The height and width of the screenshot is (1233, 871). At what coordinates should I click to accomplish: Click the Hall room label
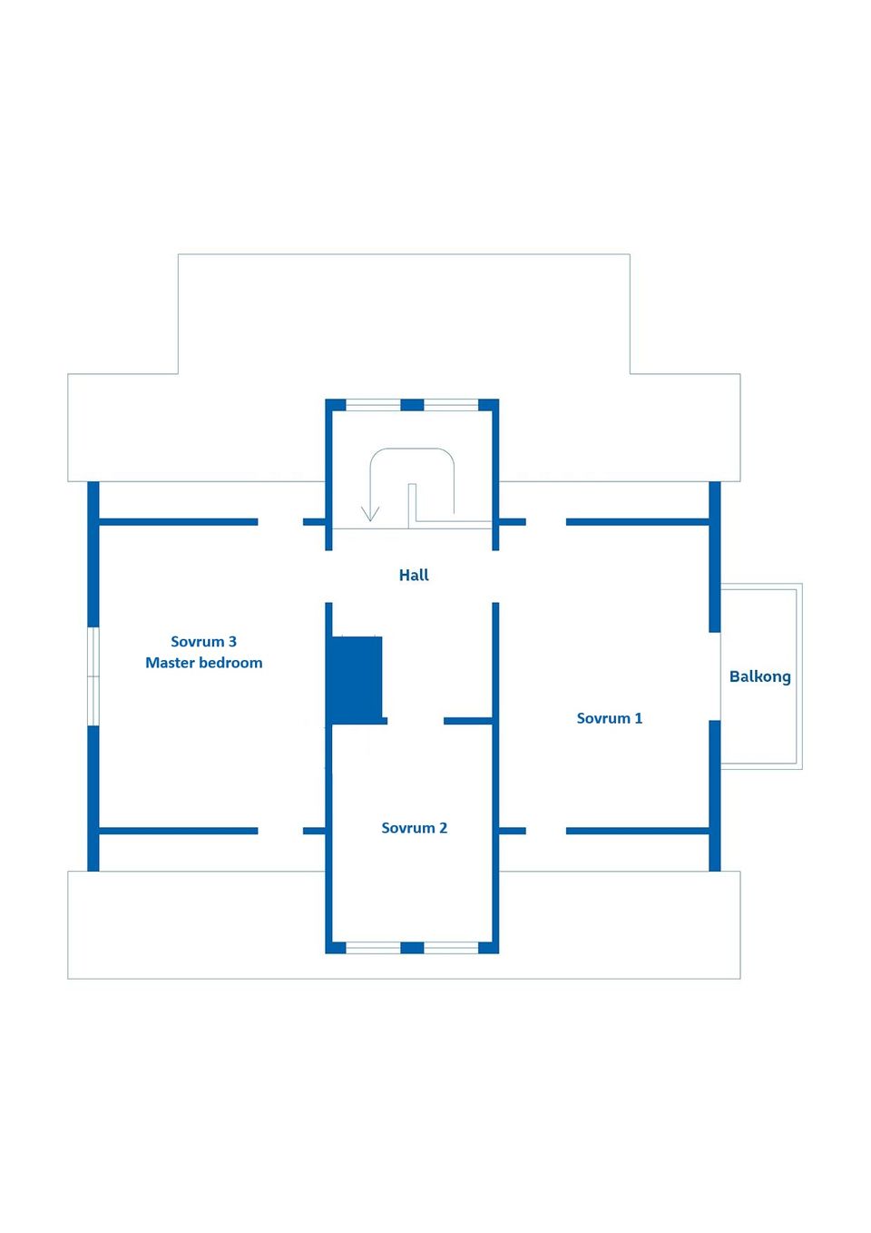click(414, 576)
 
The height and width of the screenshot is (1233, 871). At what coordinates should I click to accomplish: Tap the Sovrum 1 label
click(610, 718)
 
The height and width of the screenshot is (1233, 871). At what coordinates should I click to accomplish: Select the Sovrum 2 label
click(414, 828)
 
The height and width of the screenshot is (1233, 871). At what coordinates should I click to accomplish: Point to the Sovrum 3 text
click(203, 641)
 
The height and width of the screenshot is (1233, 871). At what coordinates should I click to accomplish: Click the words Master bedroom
click(203, 662)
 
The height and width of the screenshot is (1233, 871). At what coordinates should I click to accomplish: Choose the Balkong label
click(760, 676)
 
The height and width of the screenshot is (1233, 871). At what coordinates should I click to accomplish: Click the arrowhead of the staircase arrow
click(370, 514)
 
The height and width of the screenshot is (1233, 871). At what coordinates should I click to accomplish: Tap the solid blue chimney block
click(357, 680)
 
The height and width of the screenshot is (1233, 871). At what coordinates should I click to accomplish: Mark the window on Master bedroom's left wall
click(93, 676)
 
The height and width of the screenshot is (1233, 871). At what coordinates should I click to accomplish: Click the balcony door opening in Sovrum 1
click(715, 676)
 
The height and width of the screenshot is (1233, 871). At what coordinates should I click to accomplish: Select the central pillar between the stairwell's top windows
click(412, 405)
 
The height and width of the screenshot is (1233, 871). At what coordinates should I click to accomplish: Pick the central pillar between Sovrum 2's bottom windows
click(412, 947)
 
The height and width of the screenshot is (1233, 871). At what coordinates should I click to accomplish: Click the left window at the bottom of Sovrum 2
click(373, 947)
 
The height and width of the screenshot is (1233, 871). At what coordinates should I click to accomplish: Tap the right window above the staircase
click(451, 405)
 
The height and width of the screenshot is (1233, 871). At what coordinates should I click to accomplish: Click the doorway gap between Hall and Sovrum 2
click(416, 721)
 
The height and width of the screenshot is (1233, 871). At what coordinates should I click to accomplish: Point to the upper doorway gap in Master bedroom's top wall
click(280, 522)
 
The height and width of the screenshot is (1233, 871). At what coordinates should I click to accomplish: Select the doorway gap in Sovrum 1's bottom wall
click(546, 831)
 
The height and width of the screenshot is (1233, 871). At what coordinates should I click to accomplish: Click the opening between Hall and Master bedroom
click(328, 577)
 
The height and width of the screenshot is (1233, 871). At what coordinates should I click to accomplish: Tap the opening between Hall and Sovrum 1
click(495, 577)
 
